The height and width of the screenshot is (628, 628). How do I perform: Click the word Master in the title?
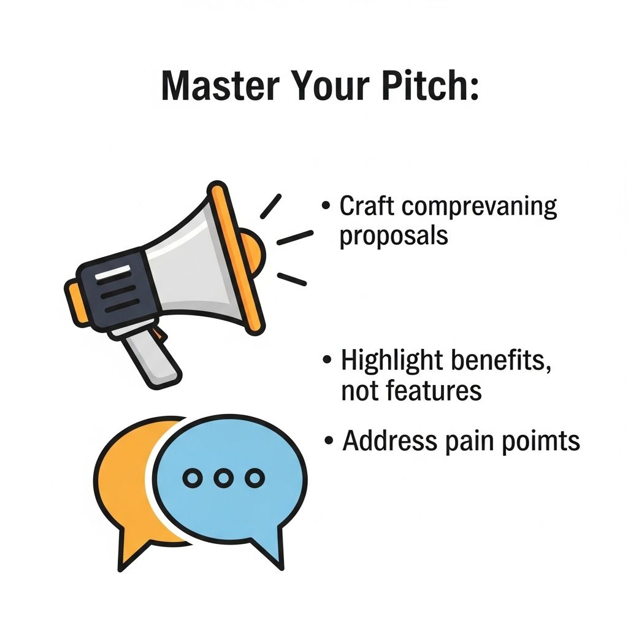coord(220,86)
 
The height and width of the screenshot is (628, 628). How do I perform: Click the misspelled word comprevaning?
coord(480,207)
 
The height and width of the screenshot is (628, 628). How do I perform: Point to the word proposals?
coord(394,236)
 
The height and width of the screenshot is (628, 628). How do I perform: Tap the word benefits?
coord(501,361)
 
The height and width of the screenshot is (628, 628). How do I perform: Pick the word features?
coord(434,390)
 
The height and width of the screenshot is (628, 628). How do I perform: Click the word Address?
coord(389,440)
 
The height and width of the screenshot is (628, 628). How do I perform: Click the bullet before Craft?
coord(326,205)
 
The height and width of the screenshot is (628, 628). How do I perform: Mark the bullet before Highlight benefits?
coord(327,359)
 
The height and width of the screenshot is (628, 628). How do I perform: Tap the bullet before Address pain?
coord(329,440)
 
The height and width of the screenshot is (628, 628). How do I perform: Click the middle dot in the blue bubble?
coord(223,478)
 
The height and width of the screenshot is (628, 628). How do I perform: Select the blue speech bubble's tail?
coord(269,545)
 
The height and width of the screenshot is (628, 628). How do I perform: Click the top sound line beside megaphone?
coord(270,206)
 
